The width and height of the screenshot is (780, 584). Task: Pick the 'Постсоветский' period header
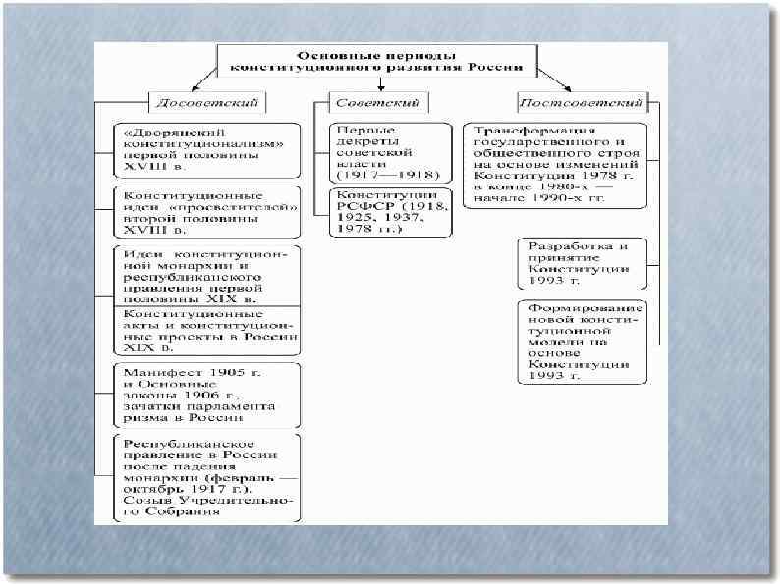click(582, 101)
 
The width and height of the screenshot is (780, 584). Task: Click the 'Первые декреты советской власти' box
click(376, 153)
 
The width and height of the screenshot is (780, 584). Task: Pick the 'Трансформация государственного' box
click(557, 164)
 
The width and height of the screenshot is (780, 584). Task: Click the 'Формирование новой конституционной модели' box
click(585, 341)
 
